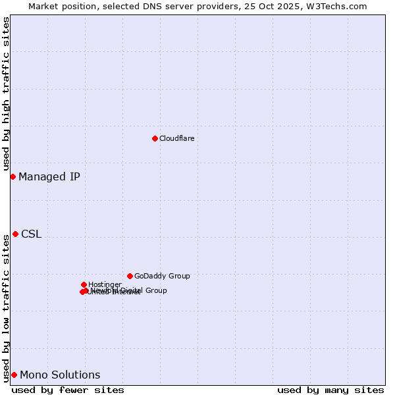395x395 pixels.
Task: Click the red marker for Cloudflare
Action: pos(155,138)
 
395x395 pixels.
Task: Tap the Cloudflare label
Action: pos(176,138)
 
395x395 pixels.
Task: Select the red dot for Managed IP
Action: pos(13,176)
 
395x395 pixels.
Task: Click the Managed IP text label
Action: pos(49,176)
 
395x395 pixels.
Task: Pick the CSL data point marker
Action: pos(15,234)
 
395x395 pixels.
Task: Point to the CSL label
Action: pos(31,234)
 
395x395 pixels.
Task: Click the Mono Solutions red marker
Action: pos(14,375)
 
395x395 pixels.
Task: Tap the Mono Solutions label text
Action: pos(60,375)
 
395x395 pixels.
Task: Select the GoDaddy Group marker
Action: pos(130,276)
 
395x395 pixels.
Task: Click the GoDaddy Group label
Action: pos(162,276)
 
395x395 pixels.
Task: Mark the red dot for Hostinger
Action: pos(84,284)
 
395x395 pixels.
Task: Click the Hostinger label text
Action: pos(105,284)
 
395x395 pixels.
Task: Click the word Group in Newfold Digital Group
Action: pos(156,290)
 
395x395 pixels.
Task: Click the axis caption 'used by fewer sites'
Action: pos(68,390)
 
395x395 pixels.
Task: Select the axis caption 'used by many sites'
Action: pos(330,390)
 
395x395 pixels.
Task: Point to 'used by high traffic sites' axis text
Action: pos(6,93)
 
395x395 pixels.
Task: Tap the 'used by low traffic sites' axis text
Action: pos(6,307)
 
